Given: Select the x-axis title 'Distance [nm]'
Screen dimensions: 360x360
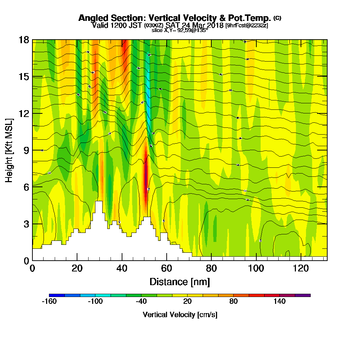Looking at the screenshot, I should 180,282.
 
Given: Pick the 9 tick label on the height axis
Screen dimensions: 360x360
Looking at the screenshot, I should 26,150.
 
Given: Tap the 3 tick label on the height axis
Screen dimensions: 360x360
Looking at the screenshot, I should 26,224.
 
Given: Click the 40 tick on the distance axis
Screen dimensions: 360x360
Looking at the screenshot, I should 122,268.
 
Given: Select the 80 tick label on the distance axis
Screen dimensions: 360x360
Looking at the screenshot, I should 211,268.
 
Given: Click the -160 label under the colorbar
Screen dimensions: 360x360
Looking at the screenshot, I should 49,302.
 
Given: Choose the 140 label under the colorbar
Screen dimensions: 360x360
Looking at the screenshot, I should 280,302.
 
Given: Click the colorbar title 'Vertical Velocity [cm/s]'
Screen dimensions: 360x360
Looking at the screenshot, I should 180,315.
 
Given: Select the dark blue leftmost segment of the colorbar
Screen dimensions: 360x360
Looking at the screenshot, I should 57,295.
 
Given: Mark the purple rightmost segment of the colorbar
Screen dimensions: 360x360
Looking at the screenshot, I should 303,295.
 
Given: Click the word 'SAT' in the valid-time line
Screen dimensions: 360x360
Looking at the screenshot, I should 173,25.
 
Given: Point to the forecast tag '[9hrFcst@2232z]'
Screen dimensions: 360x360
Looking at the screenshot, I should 247,26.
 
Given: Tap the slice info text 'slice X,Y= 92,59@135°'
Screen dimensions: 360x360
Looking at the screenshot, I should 180,30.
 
